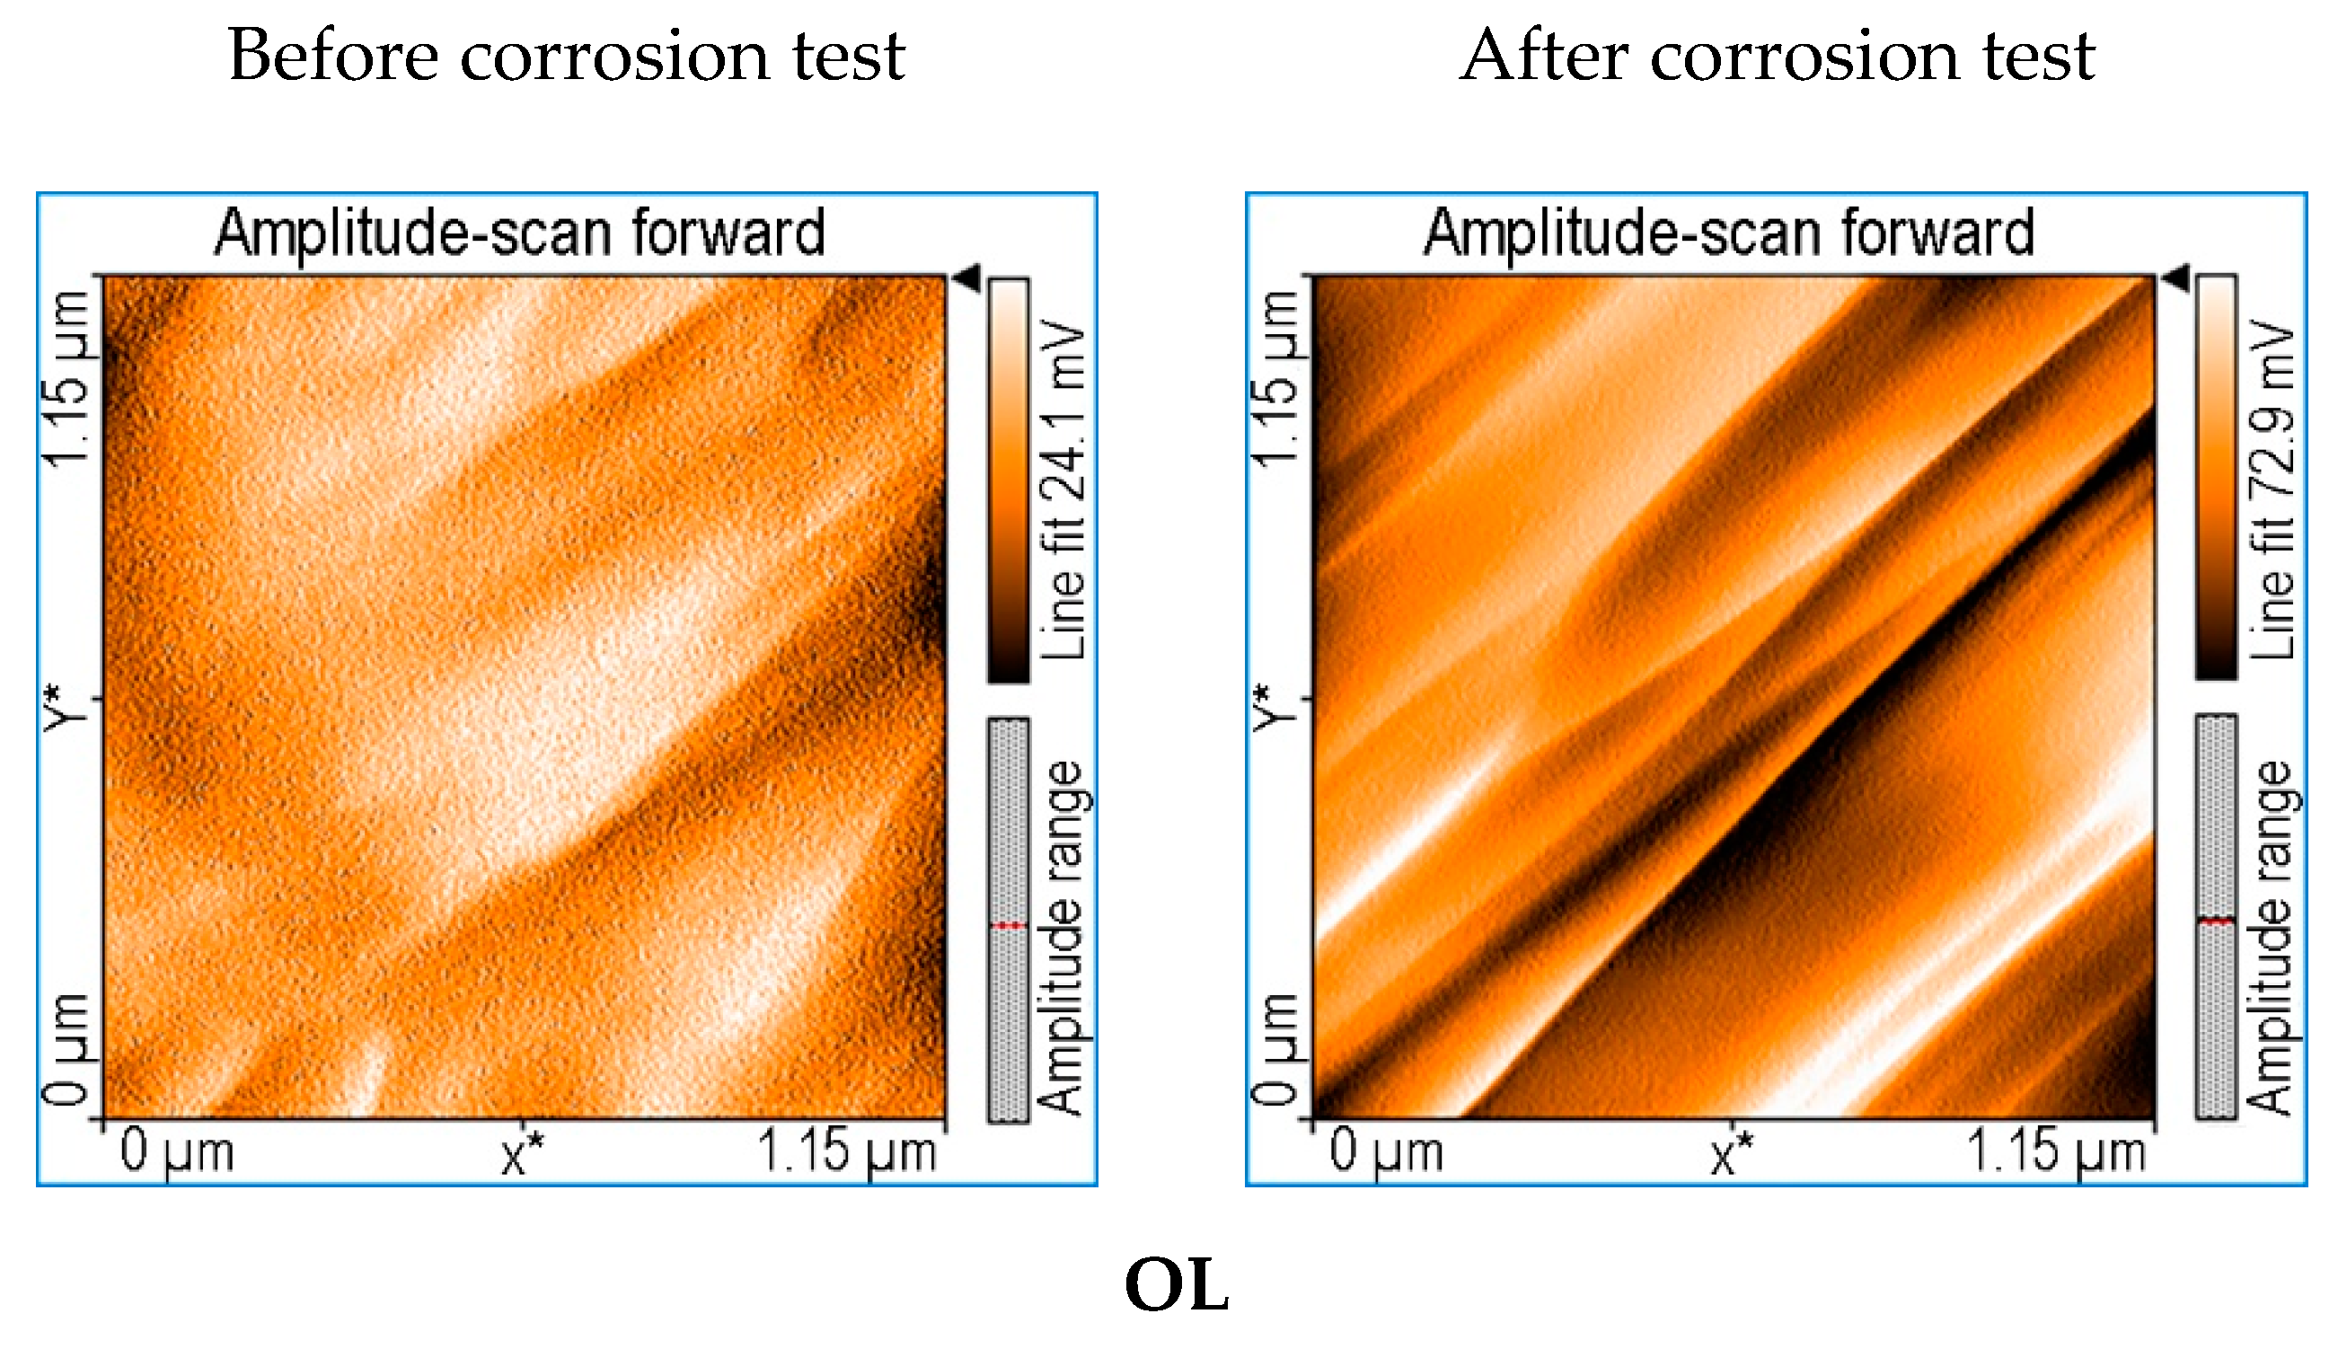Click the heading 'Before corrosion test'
[565, 56]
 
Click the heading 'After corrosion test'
[1777, 56]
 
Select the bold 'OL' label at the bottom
[1176, 1285]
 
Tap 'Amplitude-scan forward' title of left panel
[520, 233]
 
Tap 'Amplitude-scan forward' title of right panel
[1729, 233]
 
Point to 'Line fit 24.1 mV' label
[1063, 489]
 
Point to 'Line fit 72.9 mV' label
[2272, 489]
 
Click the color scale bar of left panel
[1008, 480]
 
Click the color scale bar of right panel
[2217, 478]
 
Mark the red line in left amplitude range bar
[1008, 926]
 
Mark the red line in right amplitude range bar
[2217, 921]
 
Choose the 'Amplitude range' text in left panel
[1063, 937]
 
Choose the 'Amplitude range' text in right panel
[2272, 937]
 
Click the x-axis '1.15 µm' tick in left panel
[846, 1151]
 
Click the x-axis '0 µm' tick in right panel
[1386, 1151]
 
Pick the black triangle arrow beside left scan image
[967, 277]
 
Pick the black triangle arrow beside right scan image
[2176, 277]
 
